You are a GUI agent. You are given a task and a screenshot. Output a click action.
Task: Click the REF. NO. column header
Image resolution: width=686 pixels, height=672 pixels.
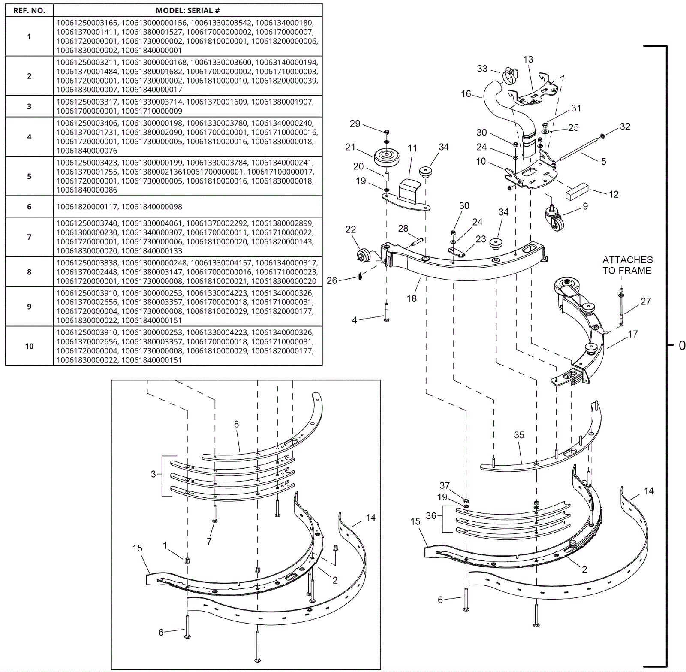[x=29, y=11]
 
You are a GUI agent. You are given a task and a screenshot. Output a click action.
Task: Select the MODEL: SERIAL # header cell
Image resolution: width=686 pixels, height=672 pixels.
[x=187, y=11]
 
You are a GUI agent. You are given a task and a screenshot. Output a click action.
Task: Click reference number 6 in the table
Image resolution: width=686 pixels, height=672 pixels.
[x=29, y=207]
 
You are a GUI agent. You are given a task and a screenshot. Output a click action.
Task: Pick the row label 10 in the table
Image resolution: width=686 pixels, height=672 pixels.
[x=29, y=346]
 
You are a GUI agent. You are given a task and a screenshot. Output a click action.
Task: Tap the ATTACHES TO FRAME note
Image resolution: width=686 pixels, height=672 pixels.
[x=627, y=265]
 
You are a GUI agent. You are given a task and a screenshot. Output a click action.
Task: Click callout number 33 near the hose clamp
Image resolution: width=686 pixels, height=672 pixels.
[x=482, y=69]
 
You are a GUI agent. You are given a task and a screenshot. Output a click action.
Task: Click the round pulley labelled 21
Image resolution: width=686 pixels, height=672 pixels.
[x=387, y=157]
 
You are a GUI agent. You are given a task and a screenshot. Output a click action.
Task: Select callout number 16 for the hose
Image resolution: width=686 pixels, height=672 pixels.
[x=466, y=94]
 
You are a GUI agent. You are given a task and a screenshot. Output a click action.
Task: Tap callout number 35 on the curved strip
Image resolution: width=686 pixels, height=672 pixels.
[x=519, y=435]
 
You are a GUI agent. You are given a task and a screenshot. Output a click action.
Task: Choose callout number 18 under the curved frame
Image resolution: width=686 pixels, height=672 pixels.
[x=412, y=298]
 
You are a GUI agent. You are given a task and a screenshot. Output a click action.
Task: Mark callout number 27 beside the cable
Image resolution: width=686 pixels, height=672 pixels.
[x=646, y=301]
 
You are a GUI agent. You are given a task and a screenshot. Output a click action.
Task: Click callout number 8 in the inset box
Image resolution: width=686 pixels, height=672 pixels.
[x=236, y=424]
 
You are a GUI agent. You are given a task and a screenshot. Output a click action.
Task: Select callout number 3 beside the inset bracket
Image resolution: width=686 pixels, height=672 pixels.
[x=153, y=474]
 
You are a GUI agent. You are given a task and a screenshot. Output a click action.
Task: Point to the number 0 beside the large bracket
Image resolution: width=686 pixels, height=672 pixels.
[x=682, y=345]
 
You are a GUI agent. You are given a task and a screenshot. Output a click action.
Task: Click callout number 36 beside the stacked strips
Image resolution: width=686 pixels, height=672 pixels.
[x=431, y=516]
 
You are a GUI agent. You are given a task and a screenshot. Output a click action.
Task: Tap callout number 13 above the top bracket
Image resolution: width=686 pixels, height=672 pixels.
[x=528, y=60]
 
